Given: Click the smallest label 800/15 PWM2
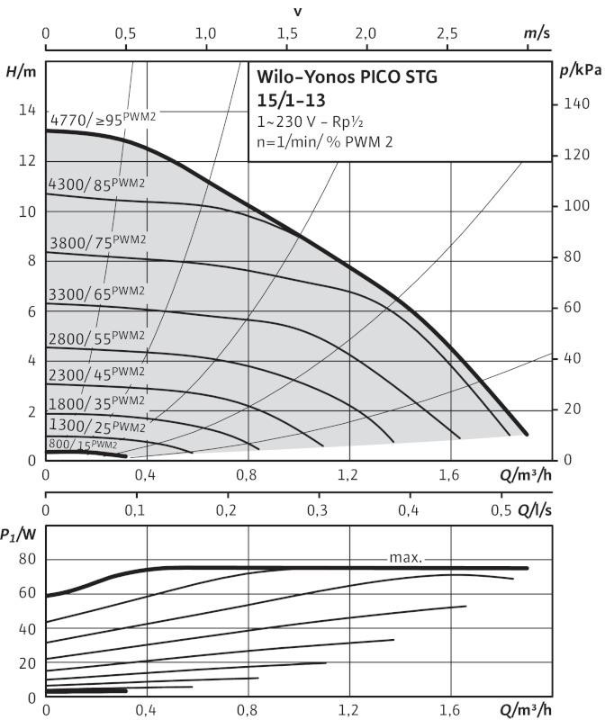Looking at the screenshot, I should [83, 444].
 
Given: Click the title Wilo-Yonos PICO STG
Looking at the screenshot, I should [348, 76].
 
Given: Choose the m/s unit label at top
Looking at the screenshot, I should [537, 33].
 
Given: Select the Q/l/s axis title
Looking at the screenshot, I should [534, 510].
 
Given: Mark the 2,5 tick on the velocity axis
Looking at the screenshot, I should [447, 33].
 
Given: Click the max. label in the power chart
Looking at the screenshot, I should [407, 557].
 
